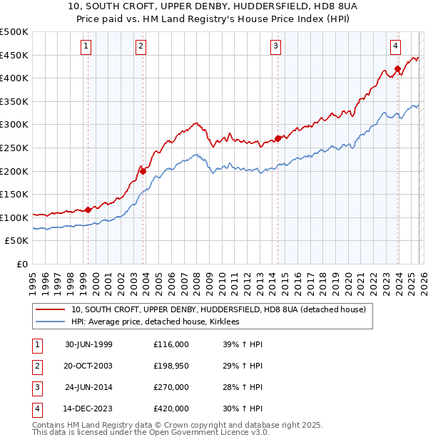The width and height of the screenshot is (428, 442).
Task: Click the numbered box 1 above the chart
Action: pos(86,46)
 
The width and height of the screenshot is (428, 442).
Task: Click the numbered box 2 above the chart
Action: pos(141,46)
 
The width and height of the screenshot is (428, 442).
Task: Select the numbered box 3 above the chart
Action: pos(275,46)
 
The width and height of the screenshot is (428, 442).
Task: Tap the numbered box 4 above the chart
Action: pos(395,46)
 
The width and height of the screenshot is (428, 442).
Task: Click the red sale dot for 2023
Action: pos(397,69)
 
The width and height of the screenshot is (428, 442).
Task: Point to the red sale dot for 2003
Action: pos(143,171)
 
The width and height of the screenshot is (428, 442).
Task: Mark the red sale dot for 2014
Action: pos(277,138)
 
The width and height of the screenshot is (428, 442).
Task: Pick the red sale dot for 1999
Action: pos(88,210)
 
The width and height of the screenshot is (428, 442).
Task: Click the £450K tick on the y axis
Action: pos(14,55)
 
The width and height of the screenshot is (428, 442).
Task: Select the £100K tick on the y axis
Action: pos(14,217)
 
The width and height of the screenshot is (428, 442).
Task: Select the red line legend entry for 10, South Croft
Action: pos(218,309)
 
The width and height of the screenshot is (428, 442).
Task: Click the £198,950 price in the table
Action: pos(170,366)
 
